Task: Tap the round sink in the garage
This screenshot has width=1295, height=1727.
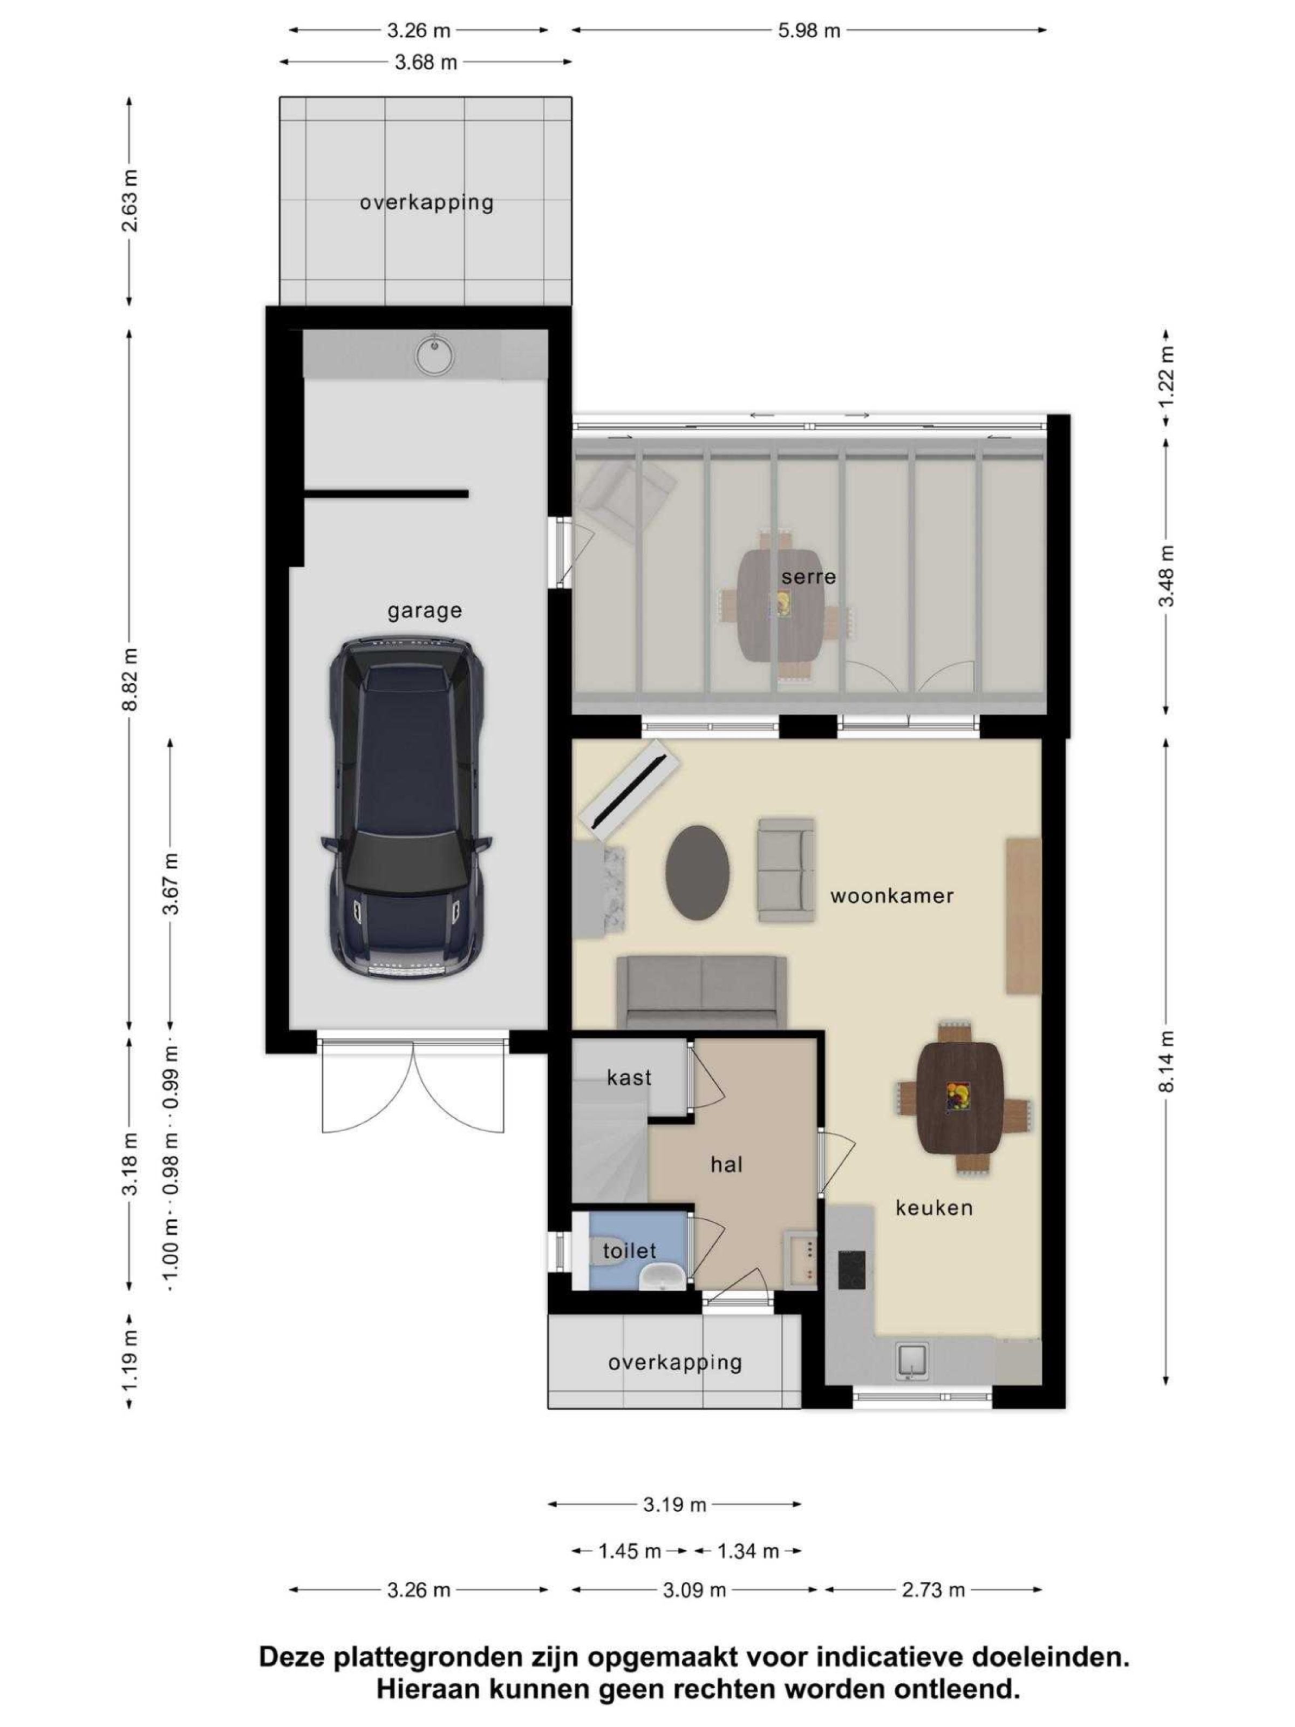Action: pos(433,355)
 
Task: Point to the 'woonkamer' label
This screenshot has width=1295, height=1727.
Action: pos(891,895)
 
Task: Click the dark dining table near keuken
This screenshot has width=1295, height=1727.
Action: pos(958,1097)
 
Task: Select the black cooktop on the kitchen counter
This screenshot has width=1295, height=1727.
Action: pos(851,1269)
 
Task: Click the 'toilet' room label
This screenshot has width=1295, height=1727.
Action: pos(629,1252)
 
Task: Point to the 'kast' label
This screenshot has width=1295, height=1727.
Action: pos(629,1078)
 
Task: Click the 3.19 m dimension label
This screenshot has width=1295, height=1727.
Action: pos(674,1505)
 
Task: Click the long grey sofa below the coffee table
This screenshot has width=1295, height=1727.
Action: pos(701,992)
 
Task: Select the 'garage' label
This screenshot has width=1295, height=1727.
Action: pos(425,610)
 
